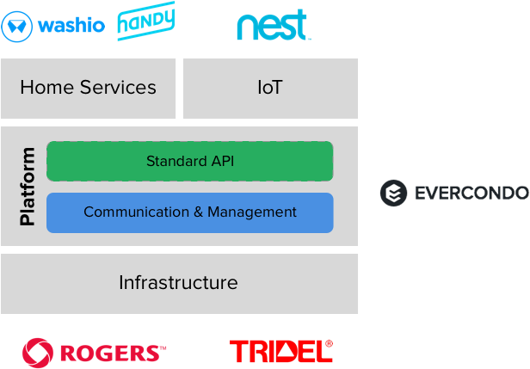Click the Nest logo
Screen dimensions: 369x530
[x=273, y=26]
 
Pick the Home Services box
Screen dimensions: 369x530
[x=88, y=88]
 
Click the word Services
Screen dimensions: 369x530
[x=117, y=88]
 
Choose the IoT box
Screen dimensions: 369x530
[x=270, y=88]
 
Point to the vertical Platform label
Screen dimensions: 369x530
[x=28, y=187]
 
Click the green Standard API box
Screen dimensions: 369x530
[x=189, y=162]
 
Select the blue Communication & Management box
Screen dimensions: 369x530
[x=189, y=212]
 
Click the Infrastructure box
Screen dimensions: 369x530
[x=179, y=283]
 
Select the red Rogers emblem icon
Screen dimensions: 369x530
[x=37, y=352]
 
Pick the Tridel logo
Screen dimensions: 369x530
[x=280, y=351]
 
